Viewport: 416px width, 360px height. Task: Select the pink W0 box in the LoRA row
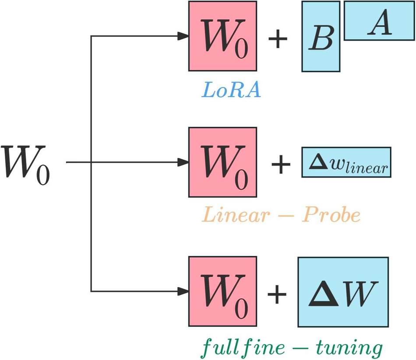pyautogui.click(x=222, y=36)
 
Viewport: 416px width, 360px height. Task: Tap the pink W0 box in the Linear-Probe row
pyautogui.click(x=222, y=162)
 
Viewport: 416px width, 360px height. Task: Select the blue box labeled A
pyautogui.click(x=379, y=21)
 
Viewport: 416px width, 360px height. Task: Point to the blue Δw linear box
pyautogui.click(x=346, y=162)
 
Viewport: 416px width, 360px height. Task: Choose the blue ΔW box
pyautogui.click(x=343, y=292)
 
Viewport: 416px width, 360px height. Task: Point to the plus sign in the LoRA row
pyautogui.click(x=277, y=39)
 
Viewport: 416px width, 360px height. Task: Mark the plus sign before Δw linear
pyautogui.click(x=281, y=165)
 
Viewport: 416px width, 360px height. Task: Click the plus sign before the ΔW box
pyautogui.click(x=277, y=294)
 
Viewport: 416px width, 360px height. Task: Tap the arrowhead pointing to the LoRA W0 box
pyautogui.click(x=183, y=36)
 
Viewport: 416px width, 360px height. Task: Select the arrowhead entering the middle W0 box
pyautogui.click(x=183, y=162)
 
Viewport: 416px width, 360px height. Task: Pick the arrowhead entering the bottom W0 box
pyautogui.click(x=183, y=291)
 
